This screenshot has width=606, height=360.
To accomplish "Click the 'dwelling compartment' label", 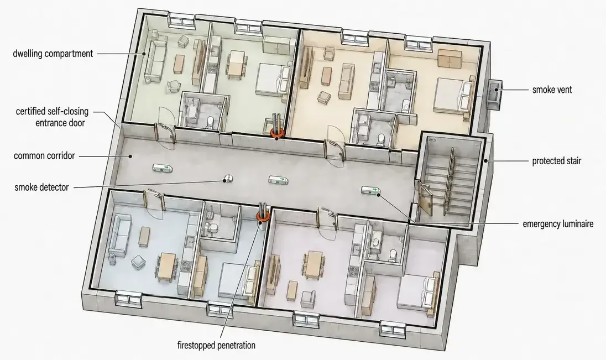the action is click(x=53, y=53).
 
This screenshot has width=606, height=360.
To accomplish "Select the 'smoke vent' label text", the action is click(x=552, y=90).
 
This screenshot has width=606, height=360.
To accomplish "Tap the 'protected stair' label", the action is click(x=557, y=161).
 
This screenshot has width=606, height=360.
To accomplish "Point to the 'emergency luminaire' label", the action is click(x=558, y=224).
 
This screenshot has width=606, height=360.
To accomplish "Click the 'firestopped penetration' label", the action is click(x=216, y=345).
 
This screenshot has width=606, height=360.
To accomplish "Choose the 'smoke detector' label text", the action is click(x=41, y=187).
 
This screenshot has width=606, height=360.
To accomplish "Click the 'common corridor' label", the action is click(x=44, y=156).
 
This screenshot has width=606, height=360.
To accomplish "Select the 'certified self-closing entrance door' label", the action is click(x=52, y=117).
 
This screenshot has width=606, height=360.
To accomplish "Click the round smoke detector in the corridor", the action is click(x=228, y=178).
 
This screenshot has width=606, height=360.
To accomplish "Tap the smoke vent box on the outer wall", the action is click(x=494, y=92).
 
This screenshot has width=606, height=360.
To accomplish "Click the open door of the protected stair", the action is click(x=425, y=199).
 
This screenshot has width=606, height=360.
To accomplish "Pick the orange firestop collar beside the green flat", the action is click(x=276, y=133).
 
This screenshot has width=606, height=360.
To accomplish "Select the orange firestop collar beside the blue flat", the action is click(x=263, y=217).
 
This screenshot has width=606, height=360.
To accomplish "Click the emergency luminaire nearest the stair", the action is click(x=371, y=191).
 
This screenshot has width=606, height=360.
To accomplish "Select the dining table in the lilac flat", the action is click(x=314, y=264).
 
